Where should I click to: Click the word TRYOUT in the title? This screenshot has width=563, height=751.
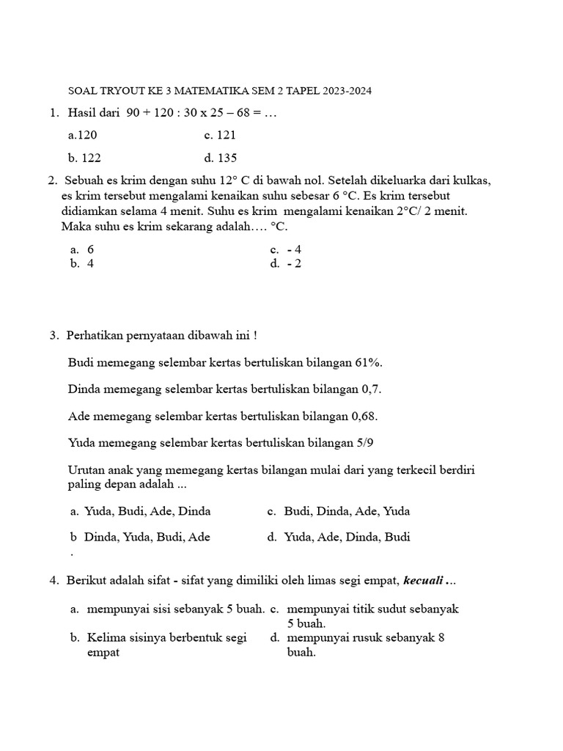[x=119, y=91]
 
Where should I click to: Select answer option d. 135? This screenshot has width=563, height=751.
[x=221, y=158]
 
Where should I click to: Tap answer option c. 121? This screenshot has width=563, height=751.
[x=220, y=135]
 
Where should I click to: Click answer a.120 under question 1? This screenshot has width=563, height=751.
[x=82, y=135]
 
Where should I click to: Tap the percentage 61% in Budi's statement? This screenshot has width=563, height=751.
[x=368, y=362]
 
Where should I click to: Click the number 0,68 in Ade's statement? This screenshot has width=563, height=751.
[x=364, y=416]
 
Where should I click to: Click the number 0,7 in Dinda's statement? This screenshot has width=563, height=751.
[x=371, y=389]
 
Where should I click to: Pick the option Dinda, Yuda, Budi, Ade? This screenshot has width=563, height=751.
[x=147, y=537]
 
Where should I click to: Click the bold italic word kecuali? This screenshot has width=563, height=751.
[x=425, y=581]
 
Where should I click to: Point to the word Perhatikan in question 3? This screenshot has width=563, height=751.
[x=95, y=335]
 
